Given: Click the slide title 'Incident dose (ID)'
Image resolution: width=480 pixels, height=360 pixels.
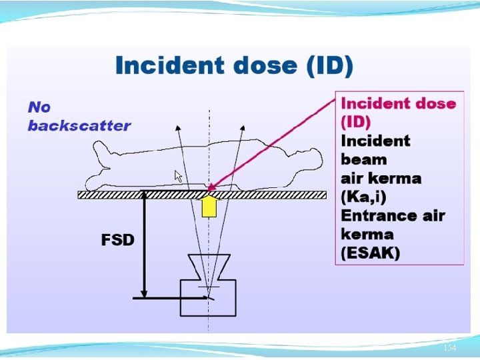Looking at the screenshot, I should [234, 66].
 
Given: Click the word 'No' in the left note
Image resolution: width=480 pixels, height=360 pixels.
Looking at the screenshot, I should [39, 107].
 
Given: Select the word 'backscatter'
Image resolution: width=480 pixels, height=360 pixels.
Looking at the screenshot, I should [79, 125].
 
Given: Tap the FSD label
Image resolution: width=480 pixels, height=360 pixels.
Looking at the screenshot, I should [118, 240].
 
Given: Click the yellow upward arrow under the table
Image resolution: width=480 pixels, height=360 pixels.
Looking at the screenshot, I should [209, 206].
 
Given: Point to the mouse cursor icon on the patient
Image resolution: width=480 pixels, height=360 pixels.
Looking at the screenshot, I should [178, 176].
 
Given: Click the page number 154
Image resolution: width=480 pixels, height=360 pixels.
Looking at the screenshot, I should [450, 348].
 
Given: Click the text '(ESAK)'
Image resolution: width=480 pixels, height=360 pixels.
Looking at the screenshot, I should [371, 253].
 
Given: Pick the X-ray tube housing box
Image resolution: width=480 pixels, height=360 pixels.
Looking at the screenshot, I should [208, 297].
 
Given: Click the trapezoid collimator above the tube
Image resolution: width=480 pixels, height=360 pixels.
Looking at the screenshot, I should [209, 266].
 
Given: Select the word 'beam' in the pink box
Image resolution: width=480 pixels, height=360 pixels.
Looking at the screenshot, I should [364, 159].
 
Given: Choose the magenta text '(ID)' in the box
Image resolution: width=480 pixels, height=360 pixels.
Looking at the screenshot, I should [356, 122].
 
